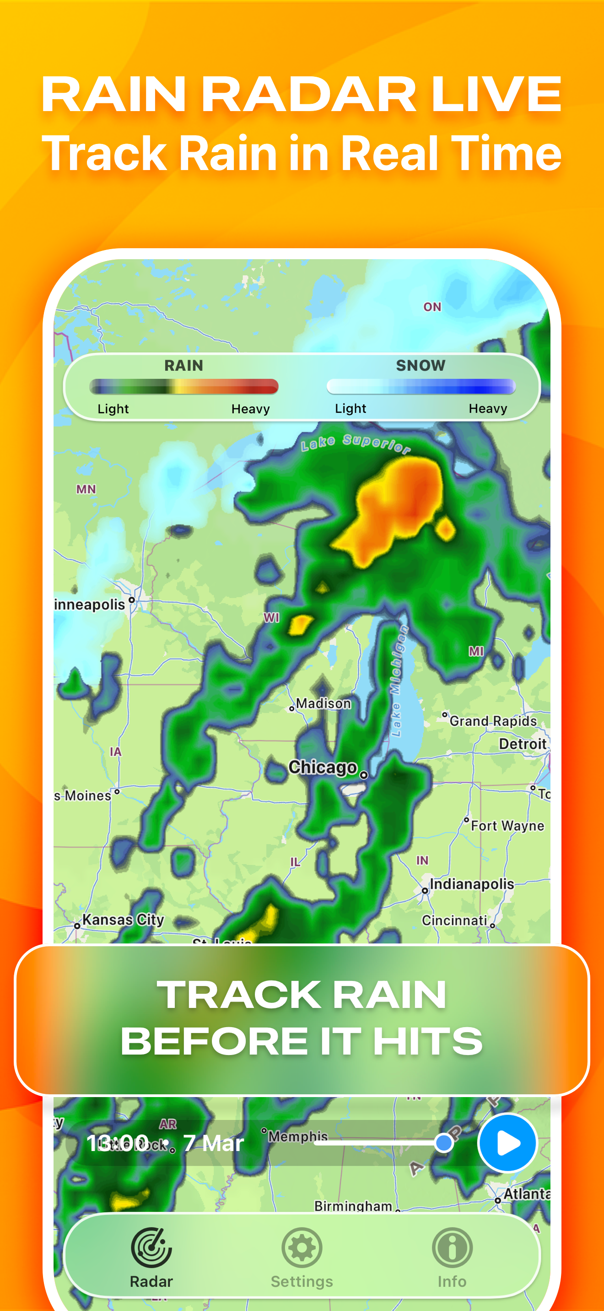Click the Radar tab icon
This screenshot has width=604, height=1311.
click(151, 1247)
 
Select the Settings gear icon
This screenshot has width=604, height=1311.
click(302, 1247)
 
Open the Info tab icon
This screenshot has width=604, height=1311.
click(452, 1247)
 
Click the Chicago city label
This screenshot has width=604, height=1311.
click(323, 767)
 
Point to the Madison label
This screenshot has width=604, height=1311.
click(324, 703)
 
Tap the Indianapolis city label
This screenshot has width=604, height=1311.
click(472, 884)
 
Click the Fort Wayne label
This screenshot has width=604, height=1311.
click(507, 826)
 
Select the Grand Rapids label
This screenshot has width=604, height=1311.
click(493, 721)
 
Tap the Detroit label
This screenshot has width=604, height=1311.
click(523, 744)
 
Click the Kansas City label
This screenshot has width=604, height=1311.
click(123, 920)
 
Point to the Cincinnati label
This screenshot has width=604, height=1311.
click(454, 920)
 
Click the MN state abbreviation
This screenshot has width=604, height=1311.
click(86, 489)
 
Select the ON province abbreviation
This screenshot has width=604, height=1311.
click(432, 307)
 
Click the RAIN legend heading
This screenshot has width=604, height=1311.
click(184, 365)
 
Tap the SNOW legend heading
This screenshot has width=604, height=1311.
click(421, 365)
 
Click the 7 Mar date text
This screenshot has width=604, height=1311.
click(213, 1143)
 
